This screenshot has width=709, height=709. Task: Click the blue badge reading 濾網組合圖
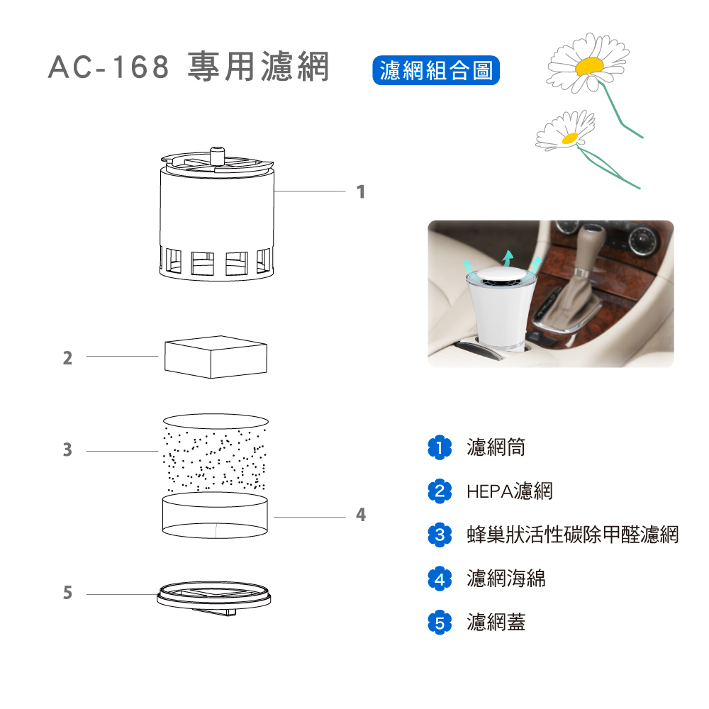pyautogui.click(x=436, y=70)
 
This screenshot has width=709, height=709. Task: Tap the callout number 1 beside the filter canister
pyautogui.click(x=360, y=191)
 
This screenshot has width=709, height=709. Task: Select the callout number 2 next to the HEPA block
pyautogui.click(x=67, y=357)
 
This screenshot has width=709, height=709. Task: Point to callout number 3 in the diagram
pyautogui.click(x=67, y=450)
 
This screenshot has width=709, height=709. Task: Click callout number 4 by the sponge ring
pyautogui.click(x=360, y=515)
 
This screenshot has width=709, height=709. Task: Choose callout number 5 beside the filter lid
pyautogui.click(x=67, y=592)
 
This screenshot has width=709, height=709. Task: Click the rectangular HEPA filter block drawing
pyautogui.click(x=216, y=357)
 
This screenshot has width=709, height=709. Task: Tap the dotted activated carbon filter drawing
pyautogui.click(x=216, y=452)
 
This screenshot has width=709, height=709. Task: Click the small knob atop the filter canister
pyautogui.click(x=218, y=155)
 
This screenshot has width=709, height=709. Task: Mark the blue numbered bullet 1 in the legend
pyautogui.click(x=440, y=447)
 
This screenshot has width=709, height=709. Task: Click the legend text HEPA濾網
pyautogui.click(x=510, y=491)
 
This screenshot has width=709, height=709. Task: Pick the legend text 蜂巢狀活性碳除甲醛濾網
pyautogui.click(x=573, y=535)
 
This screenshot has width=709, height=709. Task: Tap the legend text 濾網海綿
pyautogui.click(x=506, y=579)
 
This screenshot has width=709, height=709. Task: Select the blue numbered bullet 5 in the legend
pyautogui.click(x=440, y=623)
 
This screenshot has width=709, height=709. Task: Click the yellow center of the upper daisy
pyautogui.click(x=589, y=66)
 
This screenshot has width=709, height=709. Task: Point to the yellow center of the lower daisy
pyautogui.click(x=570, y=138)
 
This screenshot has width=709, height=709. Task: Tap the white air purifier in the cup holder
pyautogui.click(x=501, y=308)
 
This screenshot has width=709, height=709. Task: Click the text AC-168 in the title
pyautogui.click(x=108, y=67)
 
